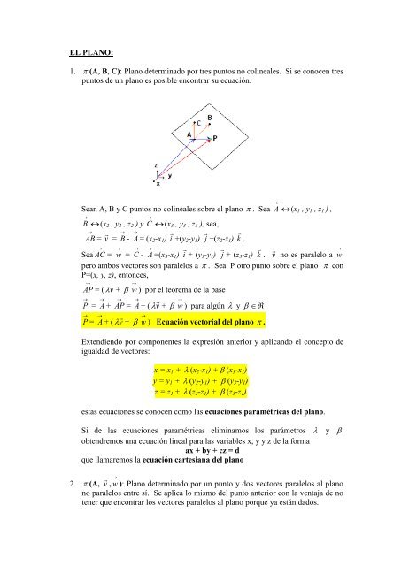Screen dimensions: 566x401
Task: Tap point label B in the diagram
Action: [x=209, y=117]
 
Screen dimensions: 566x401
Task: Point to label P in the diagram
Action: [x=215, y=138]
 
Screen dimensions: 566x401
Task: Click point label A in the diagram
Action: [x=188, y=134]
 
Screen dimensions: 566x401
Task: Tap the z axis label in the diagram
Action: [x=157, y=165]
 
